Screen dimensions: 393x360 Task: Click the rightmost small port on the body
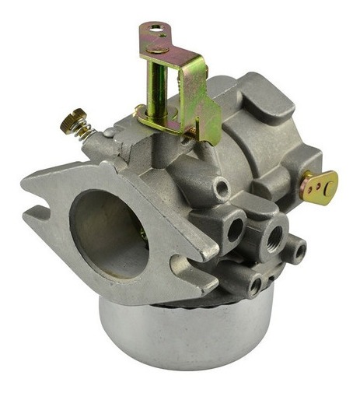pyautogui.click(x=296, y=250)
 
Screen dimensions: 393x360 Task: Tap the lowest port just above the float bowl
pyautogui.click(x=253, y=286)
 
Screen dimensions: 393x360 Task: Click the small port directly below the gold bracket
pyautogui.click(x=222, y=187)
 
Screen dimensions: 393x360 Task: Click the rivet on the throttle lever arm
pyautogui.click(x=159, y=48)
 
